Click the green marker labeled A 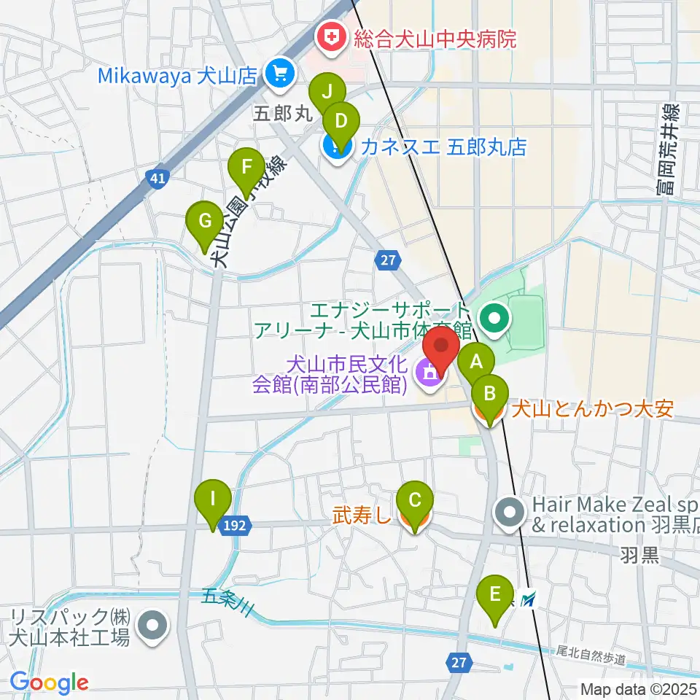click(477, 362)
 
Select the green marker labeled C click(414, 501)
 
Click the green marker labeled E click(495, 593)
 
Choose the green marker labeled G click(205, 220)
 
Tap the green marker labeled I click(213, 499)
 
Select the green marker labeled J click(327, 93)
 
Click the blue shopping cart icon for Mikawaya click(279, 73)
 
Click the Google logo click(49, 682)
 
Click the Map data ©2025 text click(638, 688)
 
